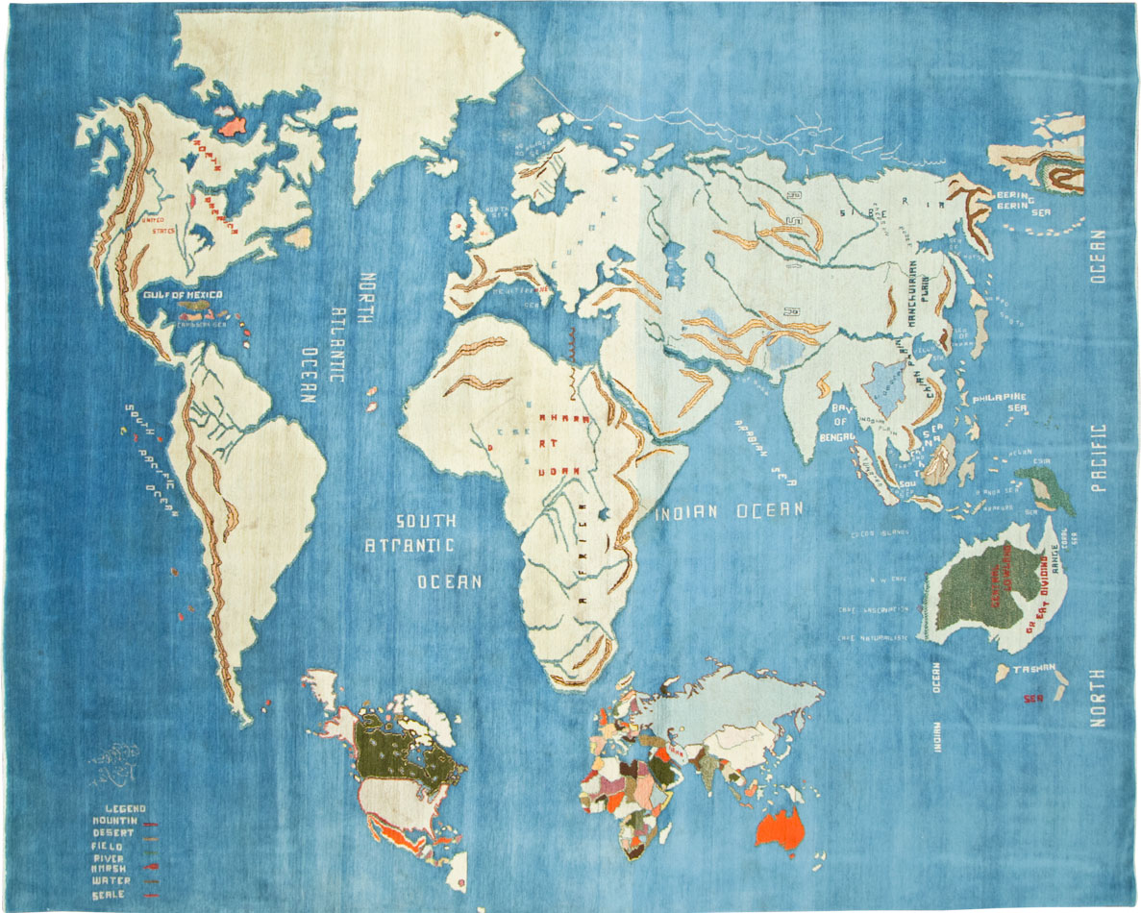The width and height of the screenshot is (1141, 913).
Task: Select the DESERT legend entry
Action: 113,832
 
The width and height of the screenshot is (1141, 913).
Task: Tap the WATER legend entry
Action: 112,880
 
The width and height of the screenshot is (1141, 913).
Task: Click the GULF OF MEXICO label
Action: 183,294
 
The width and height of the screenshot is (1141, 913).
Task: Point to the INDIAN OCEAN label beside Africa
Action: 729,511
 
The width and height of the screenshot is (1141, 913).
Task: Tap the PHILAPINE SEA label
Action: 1000,403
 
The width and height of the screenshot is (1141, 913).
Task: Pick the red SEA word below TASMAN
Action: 1033,699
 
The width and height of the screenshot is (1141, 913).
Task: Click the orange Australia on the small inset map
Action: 779,827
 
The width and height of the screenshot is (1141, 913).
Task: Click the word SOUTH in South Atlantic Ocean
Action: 426,522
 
